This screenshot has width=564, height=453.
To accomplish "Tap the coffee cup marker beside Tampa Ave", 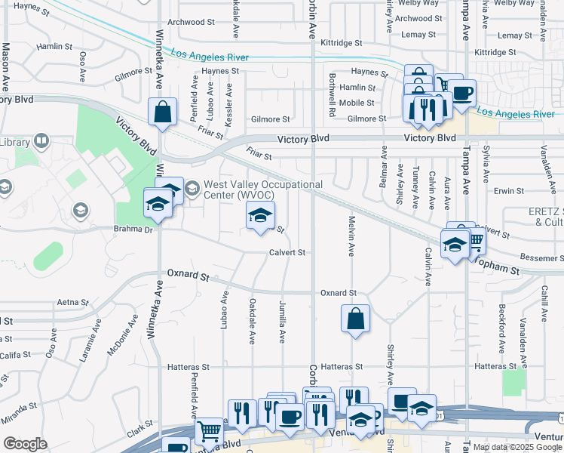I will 463,94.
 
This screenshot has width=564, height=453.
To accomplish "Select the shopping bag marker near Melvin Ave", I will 355,319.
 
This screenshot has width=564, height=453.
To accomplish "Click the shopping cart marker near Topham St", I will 475,240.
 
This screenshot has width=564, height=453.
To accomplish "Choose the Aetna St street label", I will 72,302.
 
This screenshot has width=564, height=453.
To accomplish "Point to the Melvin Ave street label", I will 351,236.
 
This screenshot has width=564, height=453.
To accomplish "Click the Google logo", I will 25,444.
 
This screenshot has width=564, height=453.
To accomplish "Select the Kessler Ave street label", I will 228,110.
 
